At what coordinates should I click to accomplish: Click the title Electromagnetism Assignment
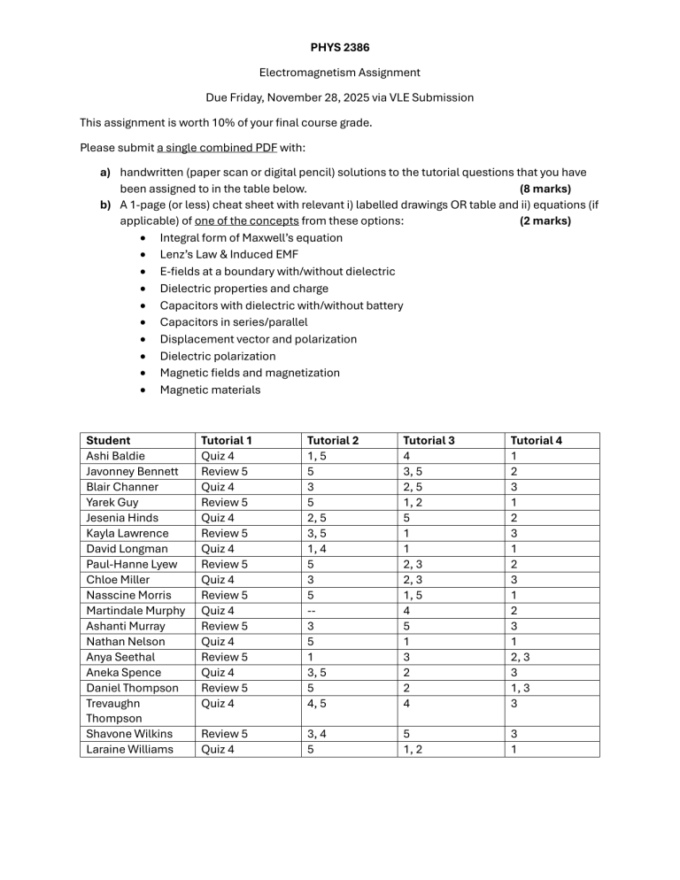[x=340, y=73]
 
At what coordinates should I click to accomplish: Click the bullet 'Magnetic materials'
[x=210, y=390]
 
